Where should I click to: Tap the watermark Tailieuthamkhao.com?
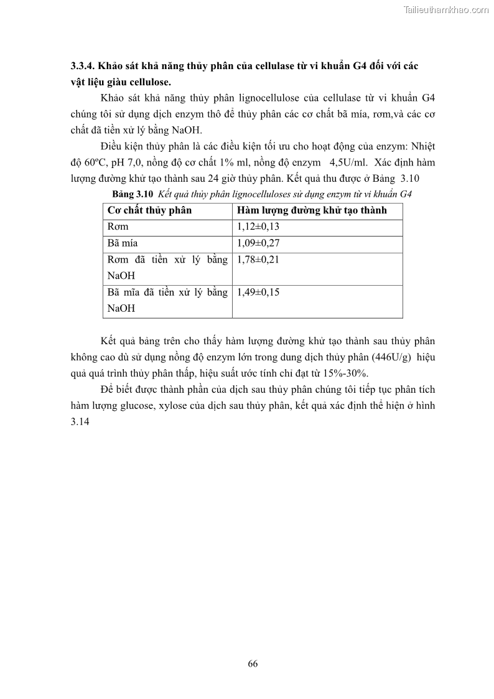point(446,9)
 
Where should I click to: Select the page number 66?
point(253,663)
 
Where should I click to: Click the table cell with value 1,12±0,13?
point(258,227)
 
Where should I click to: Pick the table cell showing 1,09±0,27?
point(258,243)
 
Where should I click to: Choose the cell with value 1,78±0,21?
point(258,260)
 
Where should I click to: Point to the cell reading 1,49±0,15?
point(258,292)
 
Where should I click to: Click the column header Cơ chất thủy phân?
point(149,210)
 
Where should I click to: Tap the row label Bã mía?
point(122,243)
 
